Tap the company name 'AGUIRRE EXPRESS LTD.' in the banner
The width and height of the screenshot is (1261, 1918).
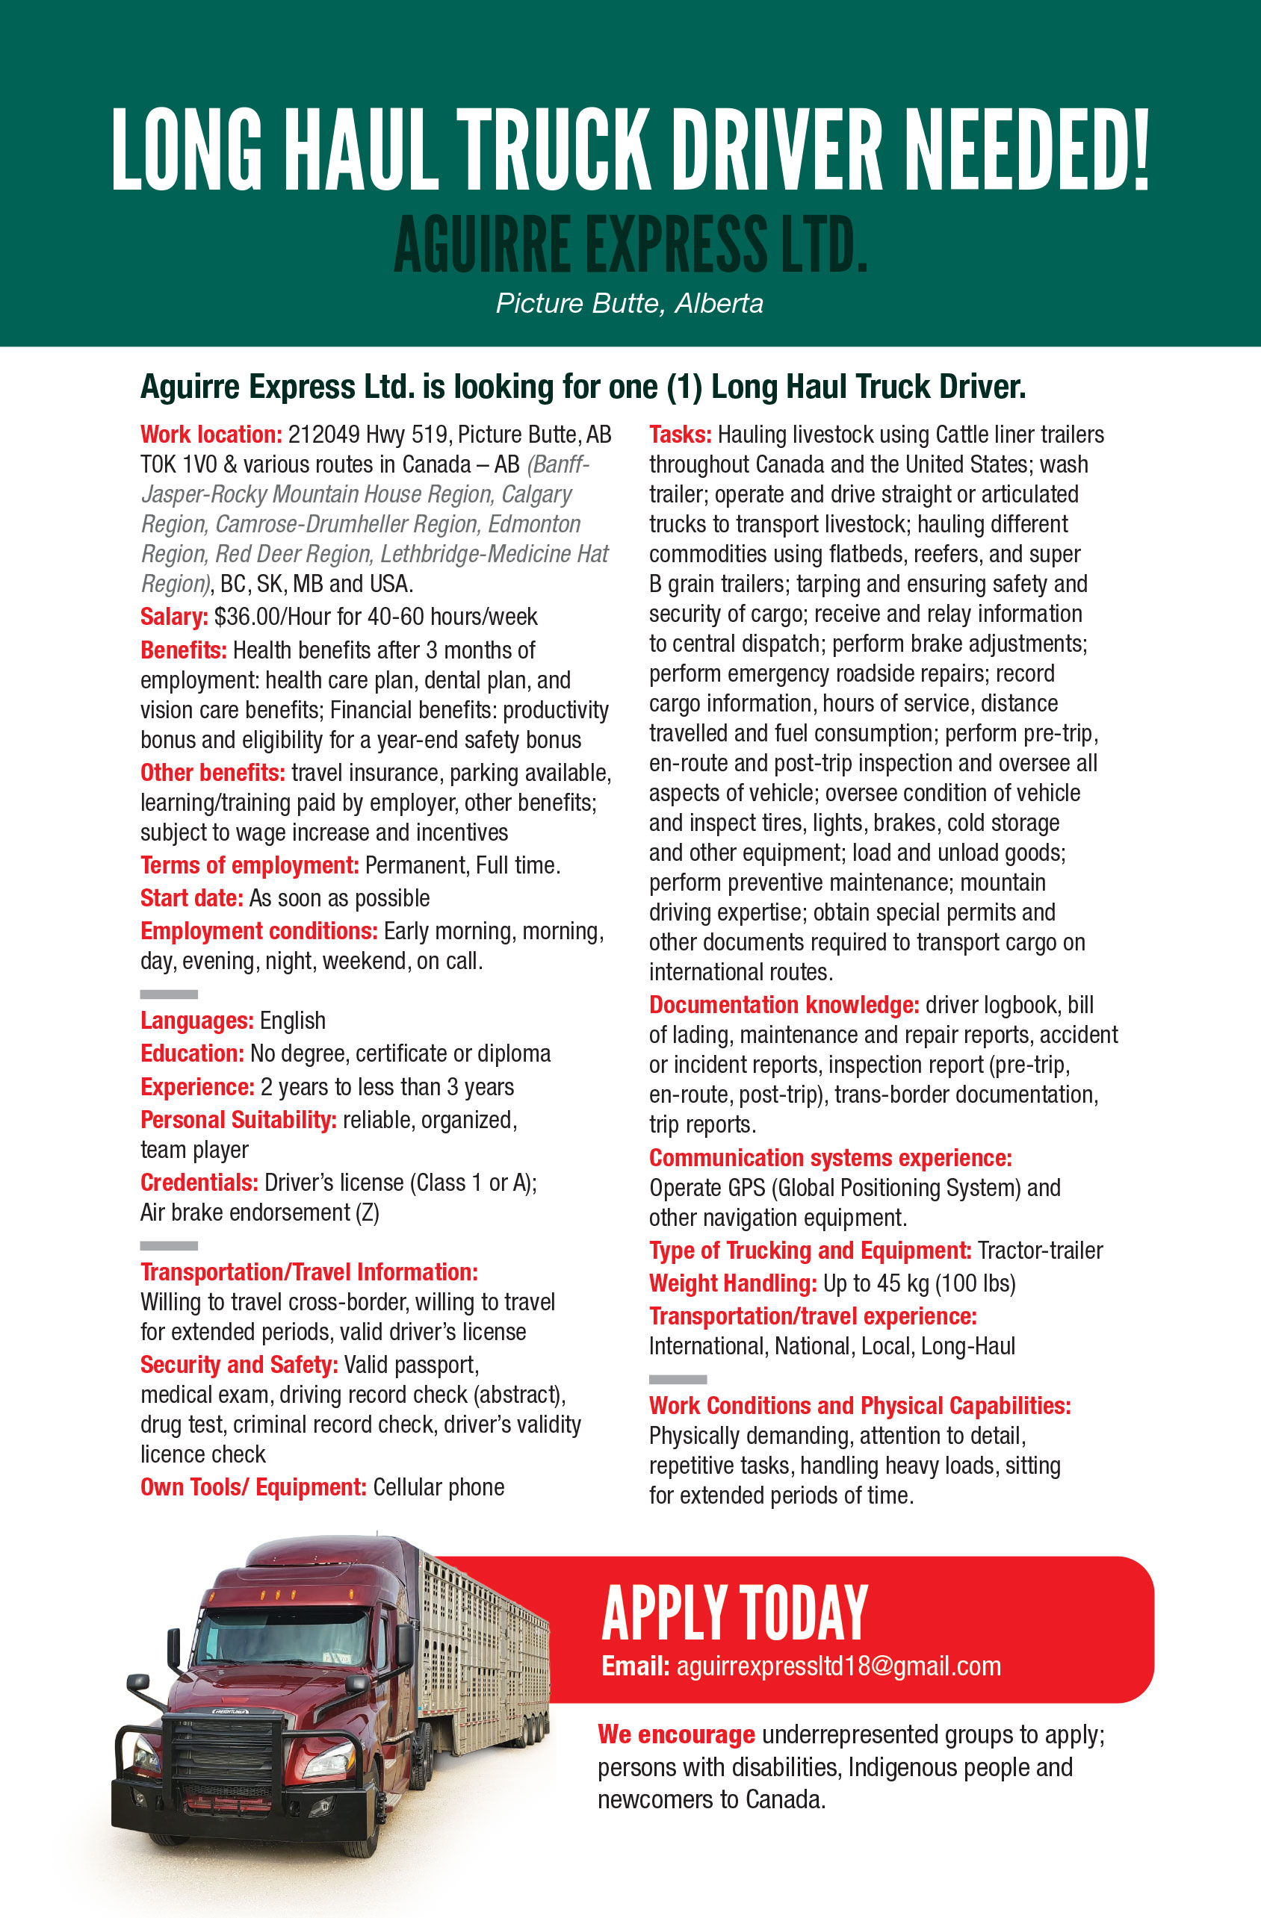(x=630, y=243)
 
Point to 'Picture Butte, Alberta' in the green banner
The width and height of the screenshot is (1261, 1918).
(x=630, y=304)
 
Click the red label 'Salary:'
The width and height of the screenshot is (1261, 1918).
(x=174, y=617)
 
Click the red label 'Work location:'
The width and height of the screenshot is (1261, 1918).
(x=211, y=435)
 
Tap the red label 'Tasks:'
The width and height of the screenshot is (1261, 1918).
(x=680, y=435)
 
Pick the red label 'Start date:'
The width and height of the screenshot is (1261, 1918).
(x=192, y=897)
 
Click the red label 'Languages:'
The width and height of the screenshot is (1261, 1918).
(x=196, y=1021)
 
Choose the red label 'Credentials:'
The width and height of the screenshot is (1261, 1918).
(x=199, y=1182)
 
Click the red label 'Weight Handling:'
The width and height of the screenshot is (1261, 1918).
(x=733, y=1283)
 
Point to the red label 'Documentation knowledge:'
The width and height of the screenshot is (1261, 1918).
(x=784, y=1005)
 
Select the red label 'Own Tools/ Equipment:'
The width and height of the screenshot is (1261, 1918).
(x=253, y=1487)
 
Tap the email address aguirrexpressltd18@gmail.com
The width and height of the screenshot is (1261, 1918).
(x=838, y=1666)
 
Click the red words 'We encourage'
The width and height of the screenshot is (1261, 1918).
(x=675, y=1734)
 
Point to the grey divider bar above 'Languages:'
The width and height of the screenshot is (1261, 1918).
(x=169, y=994)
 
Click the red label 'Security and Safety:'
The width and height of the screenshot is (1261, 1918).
(x=238, y=1364)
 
